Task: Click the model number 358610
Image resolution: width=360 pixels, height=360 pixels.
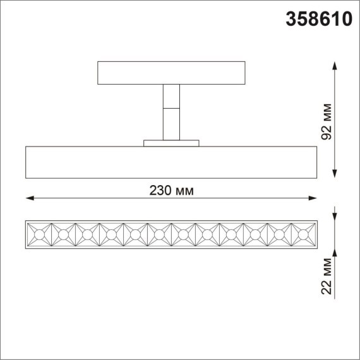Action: point(319,20)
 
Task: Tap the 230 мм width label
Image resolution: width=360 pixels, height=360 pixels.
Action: point(172,190)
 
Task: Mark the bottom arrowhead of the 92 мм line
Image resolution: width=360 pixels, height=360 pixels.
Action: point(334,174)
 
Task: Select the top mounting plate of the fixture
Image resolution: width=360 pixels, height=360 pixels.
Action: point(171,73)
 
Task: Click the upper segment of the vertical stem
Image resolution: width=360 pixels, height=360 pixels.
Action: point(171,95)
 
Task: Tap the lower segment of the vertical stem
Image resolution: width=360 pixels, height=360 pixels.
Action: point(171,124)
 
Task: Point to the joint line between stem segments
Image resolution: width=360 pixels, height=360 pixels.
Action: point(171,108)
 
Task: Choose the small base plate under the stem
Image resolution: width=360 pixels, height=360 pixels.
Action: point(171,143)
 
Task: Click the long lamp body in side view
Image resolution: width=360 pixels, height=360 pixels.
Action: point(171,162)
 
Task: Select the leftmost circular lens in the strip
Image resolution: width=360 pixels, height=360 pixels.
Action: point(39,235)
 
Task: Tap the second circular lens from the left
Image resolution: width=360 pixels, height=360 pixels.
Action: point(63,235)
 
